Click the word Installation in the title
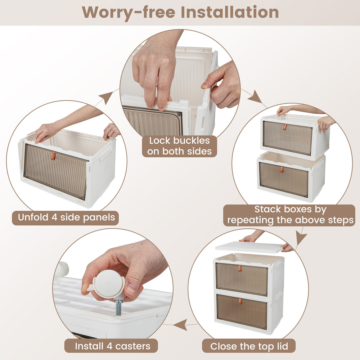coord(230,12)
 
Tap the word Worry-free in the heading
coord(129,12)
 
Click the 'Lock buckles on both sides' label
coord(180,146)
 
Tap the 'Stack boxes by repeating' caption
coord(289,215)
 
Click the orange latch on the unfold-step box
coord(53,156)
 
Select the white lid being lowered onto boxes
coord(250,247)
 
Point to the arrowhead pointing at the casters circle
coord(180,325)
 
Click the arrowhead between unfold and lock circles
coord(107,97)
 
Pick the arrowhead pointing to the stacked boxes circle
coord(255,97)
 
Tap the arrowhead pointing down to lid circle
coord(301,238)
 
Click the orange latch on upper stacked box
coord(285,127)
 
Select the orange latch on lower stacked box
coord(282,170)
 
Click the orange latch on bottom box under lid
coord(240,301)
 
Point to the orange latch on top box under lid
coord(240,269)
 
